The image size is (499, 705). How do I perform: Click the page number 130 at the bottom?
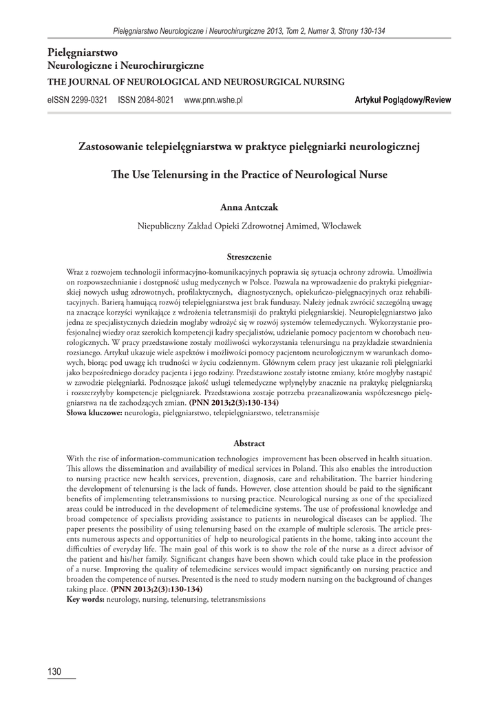(55, 671)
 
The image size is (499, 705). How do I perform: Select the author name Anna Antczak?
(249, 205)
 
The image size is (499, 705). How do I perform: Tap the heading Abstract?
(249, 443)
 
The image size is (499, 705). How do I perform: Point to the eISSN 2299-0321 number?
(78, 100)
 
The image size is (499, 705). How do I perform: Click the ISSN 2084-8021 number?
(146, 100)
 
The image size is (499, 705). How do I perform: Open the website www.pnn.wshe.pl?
(214, 100)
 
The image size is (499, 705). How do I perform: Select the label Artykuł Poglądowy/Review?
(403, 100)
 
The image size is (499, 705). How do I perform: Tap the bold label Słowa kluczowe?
(94, 413)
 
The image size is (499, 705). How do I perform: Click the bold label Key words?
(85, 600)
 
